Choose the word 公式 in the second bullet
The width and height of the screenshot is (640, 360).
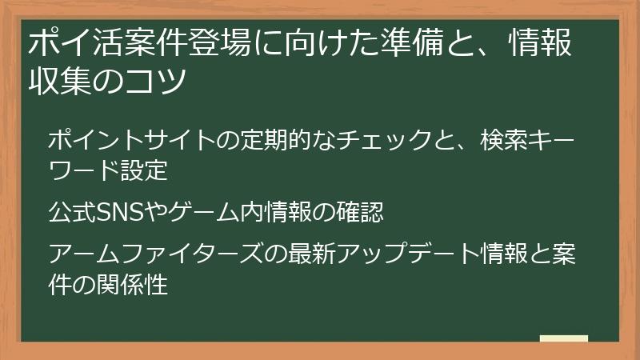point(69,213)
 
